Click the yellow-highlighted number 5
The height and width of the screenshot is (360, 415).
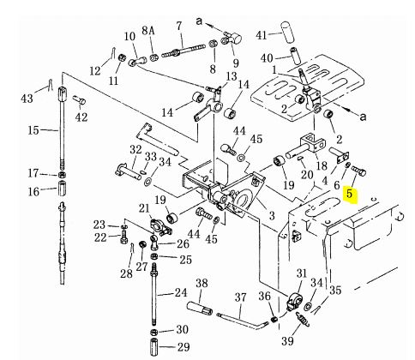(x=349, y=193)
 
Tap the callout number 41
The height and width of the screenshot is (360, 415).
(x=262, y=35)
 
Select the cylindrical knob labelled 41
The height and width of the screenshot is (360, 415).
(x=287, y=31)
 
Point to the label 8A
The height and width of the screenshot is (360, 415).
(x=148, y=30)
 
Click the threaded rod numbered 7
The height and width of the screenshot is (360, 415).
(x=183, y=51)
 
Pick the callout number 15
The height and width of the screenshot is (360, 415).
(x=33, y=130)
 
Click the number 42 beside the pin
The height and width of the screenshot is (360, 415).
(x=81, y=117)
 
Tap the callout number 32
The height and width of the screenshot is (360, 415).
(x=135, y=149)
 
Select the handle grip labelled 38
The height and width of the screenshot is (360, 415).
(x=200, y=309)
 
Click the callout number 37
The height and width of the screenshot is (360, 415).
(x=240, y=297)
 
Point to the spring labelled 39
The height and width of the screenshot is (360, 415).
(x=303, y=319)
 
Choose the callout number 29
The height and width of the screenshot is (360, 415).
(x=183, y=347)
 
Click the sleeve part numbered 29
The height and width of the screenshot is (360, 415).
(x=154, y=347)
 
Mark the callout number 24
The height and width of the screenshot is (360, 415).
(x=181, y=292)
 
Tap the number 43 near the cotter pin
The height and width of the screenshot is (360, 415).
(x=27, y=99)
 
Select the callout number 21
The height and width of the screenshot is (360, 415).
(x=144, y=208)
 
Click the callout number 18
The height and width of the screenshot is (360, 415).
(x=322, y=165)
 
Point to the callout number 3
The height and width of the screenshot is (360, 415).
(x=272, y=216)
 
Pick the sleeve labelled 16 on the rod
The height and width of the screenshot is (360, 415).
(x=63, y=188)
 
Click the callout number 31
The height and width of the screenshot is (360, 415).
(x=302, y=273)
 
